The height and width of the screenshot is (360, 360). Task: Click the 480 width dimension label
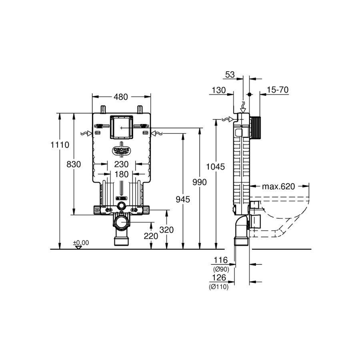[121, 97]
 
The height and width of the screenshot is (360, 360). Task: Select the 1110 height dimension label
[60, 145]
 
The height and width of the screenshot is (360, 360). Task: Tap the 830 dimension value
[74, 164]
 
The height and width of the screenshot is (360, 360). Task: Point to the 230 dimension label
[122, 164]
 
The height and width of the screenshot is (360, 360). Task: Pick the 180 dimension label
[122, 174]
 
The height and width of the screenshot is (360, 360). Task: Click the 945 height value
[183, 199]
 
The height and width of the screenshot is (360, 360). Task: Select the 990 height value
[200, 182]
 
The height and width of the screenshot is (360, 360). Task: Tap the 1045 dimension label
[215, 167]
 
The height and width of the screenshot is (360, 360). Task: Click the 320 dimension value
[166, 230]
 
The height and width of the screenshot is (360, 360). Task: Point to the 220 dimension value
[151, 236]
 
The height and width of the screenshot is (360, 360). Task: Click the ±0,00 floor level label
[81, 243]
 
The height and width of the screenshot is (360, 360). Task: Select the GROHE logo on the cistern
[122, 150]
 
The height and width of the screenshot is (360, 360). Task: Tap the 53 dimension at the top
[230, 75]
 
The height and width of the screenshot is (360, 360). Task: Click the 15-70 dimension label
[278, 90]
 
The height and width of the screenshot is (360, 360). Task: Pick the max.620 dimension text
[278, 186]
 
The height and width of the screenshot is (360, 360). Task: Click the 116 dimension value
[221, 260]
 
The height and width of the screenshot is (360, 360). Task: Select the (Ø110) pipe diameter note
[219, 287]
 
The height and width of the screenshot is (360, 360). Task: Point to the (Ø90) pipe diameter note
[221, 269]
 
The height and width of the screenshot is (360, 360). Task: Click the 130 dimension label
[219, 90]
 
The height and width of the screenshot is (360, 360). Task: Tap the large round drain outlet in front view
[122, 222]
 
